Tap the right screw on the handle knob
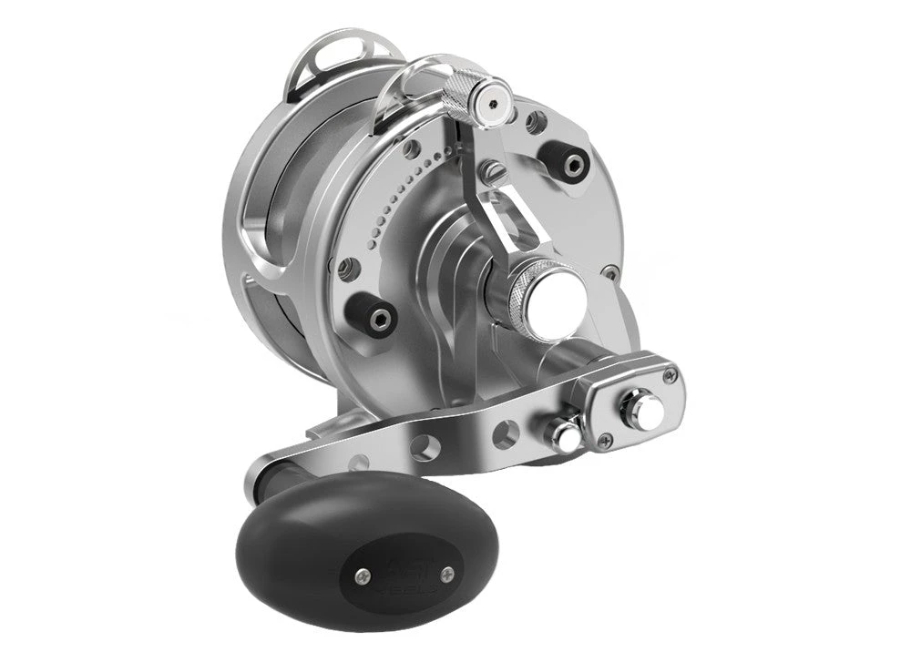[445, 573]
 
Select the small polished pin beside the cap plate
[565, 435]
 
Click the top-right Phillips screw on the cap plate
[670, 374]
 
